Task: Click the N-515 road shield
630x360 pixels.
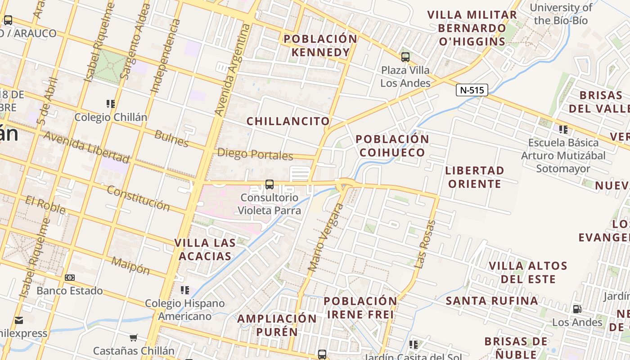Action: click(x=472, y=90)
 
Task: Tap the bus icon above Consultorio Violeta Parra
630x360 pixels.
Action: click(x=269, y=184)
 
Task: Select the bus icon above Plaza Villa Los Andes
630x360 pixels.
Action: click(x=405, y=57)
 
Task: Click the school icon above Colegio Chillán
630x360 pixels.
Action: click(x=111, y=104)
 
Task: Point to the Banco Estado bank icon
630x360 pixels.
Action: click(x=70, y=278)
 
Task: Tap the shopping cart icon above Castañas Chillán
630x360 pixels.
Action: click(x=133, y=337)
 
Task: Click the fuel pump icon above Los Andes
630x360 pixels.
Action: click(x=577, y=309)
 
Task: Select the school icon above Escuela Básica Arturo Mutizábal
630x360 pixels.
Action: click(x=563, y=130)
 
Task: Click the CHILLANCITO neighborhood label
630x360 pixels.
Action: click(x=288, y=121)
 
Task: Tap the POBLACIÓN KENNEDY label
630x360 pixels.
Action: click(x=320, y=45)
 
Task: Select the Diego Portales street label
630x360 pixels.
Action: click(x=255, y=154)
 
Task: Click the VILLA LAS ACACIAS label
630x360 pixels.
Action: click(x=205, y=249)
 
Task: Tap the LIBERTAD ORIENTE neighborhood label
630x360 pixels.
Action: click(x=474, y=177)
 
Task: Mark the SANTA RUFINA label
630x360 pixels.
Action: click(x=492, y=301)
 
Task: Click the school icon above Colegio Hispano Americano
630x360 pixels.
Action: click(x=184, y=290)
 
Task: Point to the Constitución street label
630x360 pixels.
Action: click(x=138, y=198)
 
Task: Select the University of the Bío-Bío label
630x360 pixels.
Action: click(x=561, y=14)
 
